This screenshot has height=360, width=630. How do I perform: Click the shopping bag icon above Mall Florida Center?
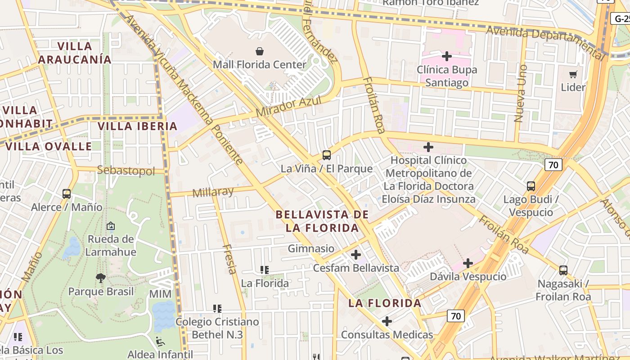tap(260, 50)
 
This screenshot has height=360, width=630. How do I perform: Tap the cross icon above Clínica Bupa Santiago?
tap(446, 56)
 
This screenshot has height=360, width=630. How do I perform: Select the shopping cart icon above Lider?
tap(573, 74)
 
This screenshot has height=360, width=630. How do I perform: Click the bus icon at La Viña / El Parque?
tap(327, 155)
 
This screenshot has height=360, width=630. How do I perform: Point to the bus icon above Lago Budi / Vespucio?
tap(531, 186)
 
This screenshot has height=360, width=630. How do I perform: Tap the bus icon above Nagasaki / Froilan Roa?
tap(563, 270)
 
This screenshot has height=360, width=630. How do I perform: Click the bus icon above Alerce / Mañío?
tap(67, 194)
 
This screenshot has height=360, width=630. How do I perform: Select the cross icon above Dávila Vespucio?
tap(468, 263)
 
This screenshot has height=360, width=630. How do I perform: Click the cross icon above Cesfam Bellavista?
tap(356, 255)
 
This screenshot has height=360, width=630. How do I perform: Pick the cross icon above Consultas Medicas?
tap(387, 321)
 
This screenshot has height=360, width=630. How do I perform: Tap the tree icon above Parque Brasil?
tap(101, 278)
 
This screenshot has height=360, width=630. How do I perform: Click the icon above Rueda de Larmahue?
tap(111, 225)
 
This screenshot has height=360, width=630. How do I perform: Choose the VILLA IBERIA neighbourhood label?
tap(138, 126)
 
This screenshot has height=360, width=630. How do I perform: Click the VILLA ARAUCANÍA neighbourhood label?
tap(75, 53)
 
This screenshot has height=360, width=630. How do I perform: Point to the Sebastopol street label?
tap(126, 171)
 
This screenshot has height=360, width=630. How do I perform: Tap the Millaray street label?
tap(213, 192)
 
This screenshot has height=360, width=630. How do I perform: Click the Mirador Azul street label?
tap(288, 106)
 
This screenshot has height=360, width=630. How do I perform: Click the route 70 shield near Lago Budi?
tap(553, 165)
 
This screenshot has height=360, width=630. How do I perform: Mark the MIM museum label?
tap(160, 294)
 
